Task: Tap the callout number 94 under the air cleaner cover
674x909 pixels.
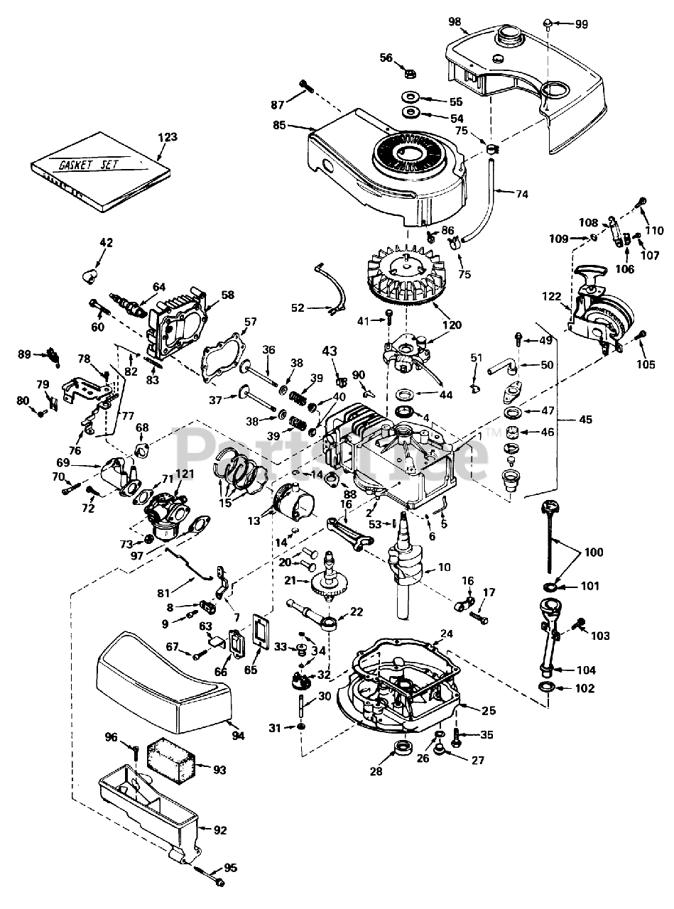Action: (x=238, y=736)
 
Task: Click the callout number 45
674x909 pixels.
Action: (x=585, y=420)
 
